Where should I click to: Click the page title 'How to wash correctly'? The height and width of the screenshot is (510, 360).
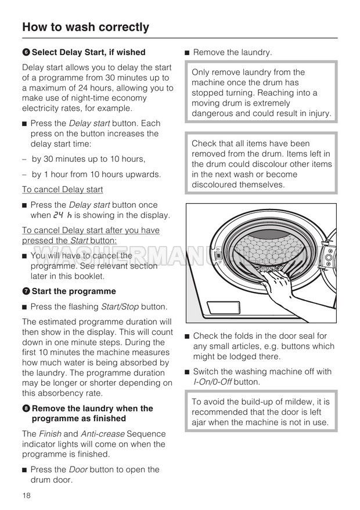(85, 27)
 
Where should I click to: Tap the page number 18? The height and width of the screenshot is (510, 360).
(26, 495)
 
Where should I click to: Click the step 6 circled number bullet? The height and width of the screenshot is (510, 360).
(26, 52)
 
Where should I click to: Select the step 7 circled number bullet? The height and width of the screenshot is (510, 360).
(26, 291)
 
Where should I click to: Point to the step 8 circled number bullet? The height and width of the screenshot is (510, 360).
(26, 408)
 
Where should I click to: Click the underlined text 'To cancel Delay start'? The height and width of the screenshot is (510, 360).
(62, 189)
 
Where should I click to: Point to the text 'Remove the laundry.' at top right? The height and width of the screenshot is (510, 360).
(232, 52)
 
